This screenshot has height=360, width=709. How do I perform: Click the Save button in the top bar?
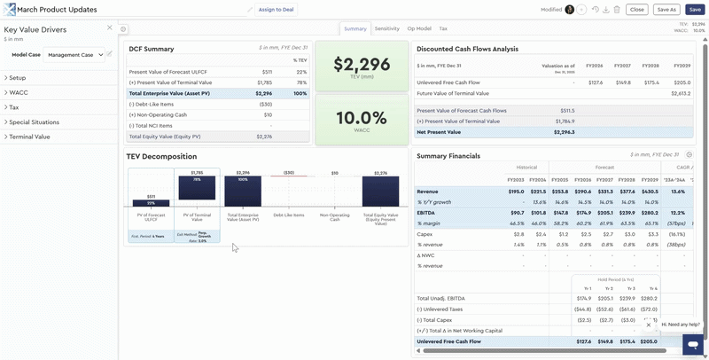pyautogui.click(x=695, y=10)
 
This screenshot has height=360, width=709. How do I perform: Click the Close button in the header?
pyautogui.click(x=636, y=10)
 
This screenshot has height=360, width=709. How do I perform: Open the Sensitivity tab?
pyautogui.click(x=386, y=29)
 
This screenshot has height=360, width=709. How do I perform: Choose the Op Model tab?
pyautogui.click(x=419, y=29)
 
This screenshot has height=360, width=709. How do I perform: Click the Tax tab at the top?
pyautogui.click(x=443, y=29)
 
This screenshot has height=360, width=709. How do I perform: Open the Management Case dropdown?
pyautogui.click(x=74, y=55)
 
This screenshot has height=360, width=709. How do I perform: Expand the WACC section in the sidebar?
pyautogui.click(x=19, y=92)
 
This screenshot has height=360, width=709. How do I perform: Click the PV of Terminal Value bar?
pyautogui.click(x=197, y=188)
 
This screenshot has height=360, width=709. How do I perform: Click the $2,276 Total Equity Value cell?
pyautogui.click(x=264, y=137)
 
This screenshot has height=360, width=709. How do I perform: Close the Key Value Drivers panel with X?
pyautogui.click(x=110, y=28)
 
